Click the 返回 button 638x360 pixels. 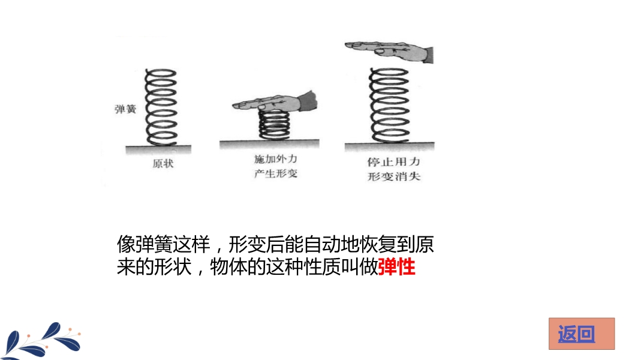(582, 334)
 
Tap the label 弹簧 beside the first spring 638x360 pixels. (125, 109)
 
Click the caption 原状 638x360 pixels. (163, 164)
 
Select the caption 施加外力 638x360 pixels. (275, 159)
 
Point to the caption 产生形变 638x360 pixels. (275, 173)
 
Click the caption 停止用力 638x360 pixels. (393, 161)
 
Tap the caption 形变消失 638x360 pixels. (393, 176)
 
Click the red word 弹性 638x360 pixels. (397, 267)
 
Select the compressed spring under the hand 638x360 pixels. (275, 125)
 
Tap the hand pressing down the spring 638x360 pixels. (275, 102)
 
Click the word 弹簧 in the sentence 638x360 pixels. (154, 244)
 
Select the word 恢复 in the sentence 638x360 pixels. (378, 244)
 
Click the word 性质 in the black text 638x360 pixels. (322, 267)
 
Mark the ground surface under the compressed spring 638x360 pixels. (269, 144)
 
